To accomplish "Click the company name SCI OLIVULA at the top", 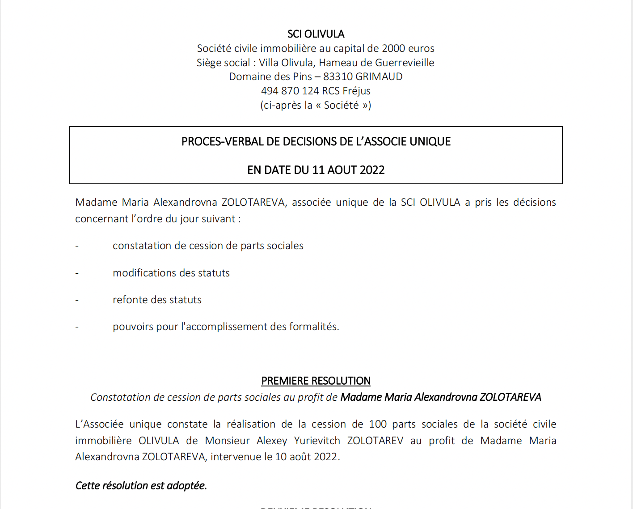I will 316,34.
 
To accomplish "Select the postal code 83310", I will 338,76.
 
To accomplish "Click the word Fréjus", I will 356,91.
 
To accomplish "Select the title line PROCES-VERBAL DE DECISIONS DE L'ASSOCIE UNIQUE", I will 316,142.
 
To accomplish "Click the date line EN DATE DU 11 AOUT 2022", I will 316,170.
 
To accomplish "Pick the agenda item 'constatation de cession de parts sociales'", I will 208,246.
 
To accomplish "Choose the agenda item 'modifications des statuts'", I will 171,273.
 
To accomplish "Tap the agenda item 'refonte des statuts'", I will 157,300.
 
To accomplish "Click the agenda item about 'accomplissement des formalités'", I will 226,327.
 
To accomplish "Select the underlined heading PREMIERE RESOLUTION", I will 316,381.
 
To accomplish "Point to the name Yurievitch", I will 317,441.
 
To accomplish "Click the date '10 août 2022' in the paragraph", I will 307,457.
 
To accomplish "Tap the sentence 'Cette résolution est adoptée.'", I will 141,485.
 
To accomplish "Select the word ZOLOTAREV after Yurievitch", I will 375,441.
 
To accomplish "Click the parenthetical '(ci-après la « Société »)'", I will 316,105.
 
